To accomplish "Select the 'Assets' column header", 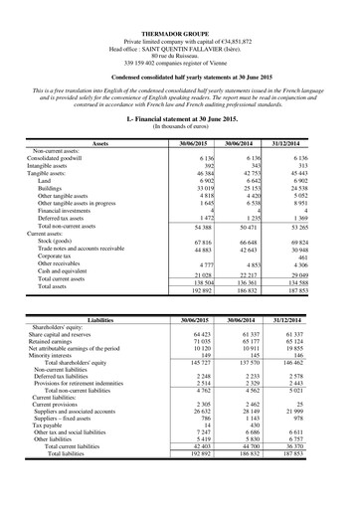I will point(99,144).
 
